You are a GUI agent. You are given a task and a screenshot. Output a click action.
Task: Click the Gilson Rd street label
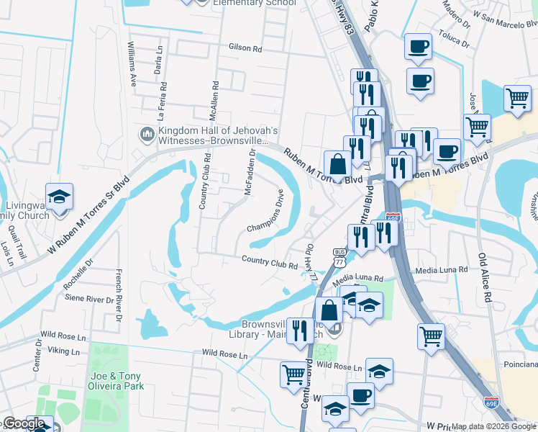coord(245,48)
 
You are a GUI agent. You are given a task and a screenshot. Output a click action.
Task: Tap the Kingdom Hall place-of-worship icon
coord(147,134)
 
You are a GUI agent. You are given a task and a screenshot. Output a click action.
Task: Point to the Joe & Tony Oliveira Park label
coord(117,381)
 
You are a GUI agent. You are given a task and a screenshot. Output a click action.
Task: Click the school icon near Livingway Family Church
coord(60,197)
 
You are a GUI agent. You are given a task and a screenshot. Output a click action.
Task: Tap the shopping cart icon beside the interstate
coord(432,335)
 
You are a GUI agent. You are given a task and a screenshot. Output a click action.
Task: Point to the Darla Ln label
coord(158,66)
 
